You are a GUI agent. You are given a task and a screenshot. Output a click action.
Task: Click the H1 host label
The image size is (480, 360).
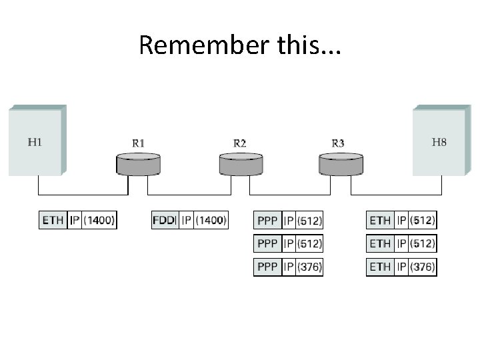[x=34, y=141]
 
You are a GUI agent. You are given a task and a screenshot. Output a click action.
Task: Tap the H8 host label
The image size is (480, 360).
[x=439, y=141]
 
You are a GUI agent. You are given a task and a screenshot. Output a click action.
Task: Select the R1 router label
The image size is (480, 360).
[x=139, y=143]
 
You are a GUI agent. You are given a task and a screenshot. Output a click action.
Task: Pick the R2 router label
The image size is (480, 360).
[x=239, y=143]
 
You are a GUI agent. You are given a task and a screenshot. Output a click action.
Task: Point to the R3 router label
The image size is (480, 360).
[x=338, y=143]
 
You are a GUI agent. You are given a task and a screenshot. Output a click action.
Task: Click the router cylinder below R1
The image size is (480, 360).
[x=139, y=164]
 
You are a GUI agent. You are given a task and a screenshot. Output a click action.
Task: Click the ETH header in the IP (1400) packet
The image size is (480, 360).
[x=53, y=220]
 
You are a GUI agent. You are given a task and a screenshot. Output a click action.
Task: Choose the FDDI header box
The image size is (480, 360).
[x=165, y=220]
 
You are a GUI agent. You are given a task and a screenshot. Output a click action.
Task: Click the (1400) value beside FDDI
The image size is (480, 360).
[x=210, y=220]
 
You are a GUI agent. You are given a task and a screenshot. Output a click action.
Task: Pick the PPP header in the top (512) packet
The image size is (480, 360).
[x=267, y=220]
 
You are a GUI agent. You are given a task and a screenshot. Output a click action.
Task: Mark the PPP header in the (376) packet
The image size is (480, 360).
[x=267, y=267]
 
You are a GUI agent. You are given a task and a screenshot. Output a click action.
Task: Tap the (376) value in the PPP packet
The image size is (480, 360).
[x=309, y=267]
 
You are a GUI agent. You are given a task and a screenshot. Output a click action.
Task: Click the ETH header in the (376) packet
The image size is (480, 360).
[x=380, y=267]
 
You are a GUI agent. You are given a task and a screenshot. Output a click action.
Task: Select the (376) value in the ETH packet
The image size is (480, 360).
[x=422, y=267]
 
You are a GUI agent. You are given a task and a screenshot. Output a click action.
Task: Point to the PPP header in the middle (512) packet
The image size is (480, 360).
[x=267, y=244]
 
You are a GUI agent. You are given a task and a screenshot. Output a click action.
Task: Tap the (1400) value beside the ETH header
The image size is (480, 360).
[x=99, y=220]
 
